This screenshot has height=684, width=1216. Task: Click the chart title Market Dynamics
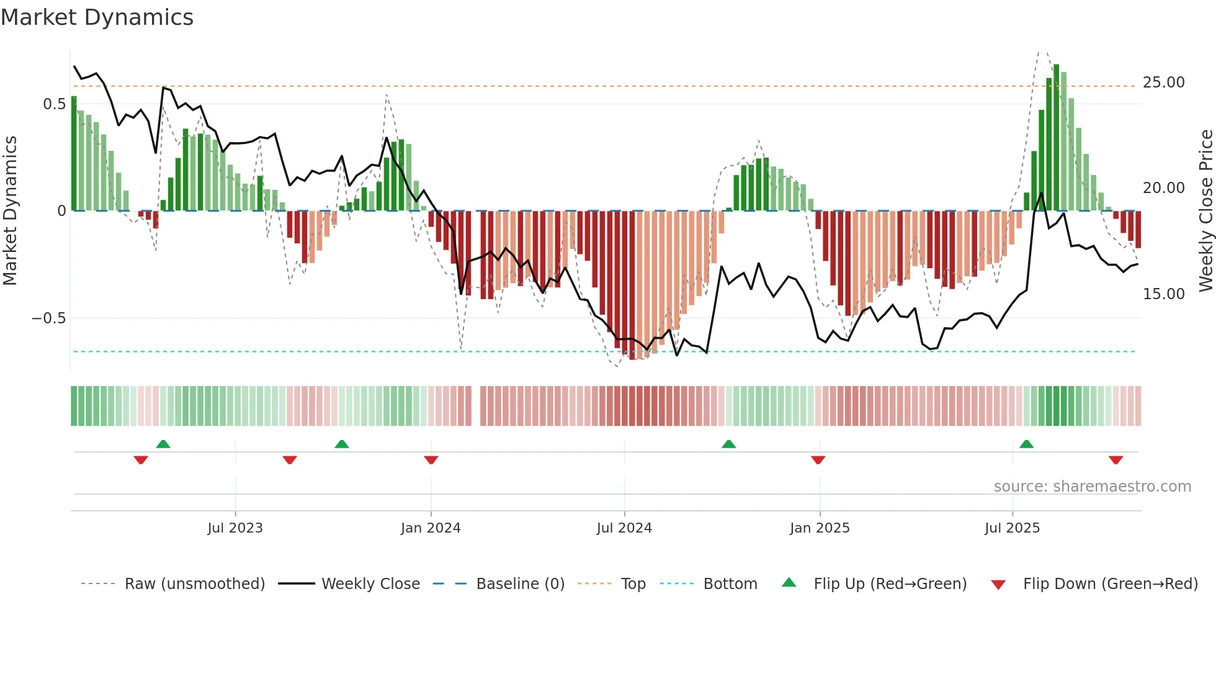pyautogui.click(x=97, y=17)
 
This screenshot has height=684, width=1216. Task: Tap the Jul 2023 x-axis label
pyautogui.click(x=235, y=528)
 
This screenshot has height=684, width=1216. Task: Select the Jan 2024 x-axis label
pyautogui.click(x=431, y=528)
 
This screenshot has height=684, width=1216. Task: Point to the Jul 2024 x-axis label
pyautogui.click(x=624, y=528)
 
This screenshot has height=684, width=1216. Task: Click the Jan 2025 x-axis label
pyautogui.click(x=820, y=528)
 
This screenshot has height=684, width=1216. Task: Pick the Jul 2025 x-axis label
pyautogui.click(x=1012, y=528)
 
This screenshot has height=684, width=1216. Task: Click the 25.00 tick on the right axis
pyautogui.click(x=1163, y=83)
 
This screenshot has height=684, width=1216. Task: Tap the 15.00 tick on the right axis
pyautogui.click(x=1163, y=294)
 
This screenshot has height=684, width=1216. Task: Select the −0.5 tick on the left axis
pyautogui.click(x=48, y=318)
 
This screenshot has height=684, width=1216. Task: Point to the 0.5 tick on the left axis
pyautogui.click(x=54, y=104)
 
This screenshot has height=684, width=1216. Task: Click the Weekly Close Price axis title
pyautogui.click(x=1205, y=211)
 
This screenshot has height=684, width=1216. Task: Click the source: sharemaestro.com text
pyautogui.click(x=1092, y=487)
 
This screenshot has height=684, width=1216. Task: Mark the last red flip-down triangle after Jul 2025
pyautogui.click(x=1115, y=460)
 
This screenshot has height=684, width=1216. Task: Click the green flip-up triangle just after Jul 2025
pyautogui.click(x=1026, y=444)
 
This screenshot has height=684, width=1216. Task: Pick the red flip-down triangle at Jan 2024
pyautogui.click(x=431, y=460)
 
